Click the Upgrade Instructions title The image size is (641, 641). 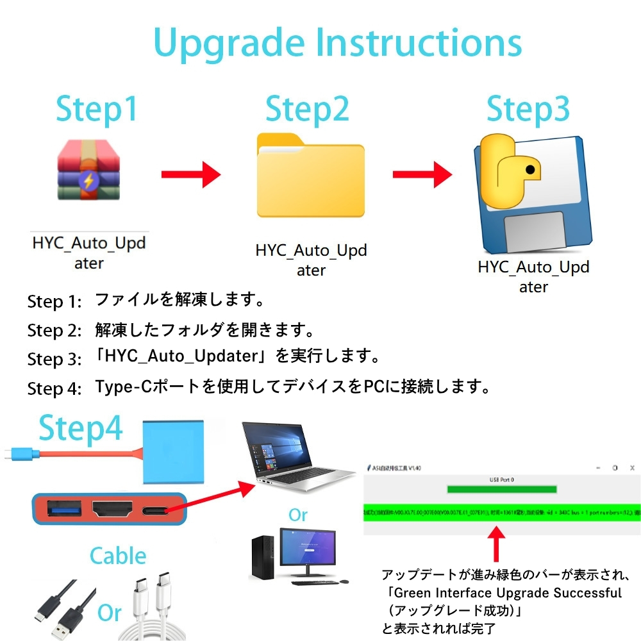338,43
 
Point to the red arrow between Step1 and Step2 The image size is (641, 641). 190,174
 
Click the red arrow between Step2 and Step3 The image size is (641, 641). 422,174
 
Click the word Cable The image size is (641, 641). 118,555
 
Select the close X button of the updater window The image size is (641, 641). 632,468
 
